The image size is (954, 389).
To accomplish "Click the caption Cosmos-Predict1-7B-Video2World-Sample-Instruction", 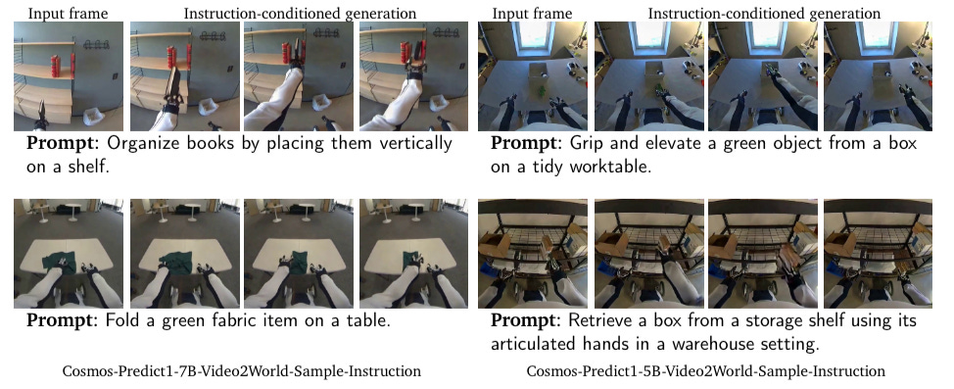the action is click(241, 370).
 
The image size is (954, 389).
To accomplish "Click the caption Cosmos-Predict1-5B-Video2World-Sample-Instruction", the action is click(705, 370).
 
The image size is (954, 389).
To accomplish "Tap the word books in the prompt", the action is click(219, 144).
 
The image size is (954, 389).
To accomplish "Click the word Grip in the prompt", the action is click(586, 144).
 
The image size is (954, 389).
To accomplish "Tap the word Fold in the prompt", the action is click(124, 320).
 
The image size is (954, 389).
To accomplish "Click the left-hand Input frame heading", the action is click(69, 14).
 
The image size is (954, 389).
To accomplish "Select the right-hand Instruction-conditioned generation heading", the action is click(764, 14).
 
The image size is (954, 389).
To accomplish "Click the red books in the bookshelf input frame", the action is click(57, 66).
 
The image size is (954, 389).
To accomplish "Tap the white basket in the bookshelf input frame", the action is click(92, 115).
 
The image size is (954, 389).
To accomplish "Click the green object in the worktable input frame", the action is click(540, 91).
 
